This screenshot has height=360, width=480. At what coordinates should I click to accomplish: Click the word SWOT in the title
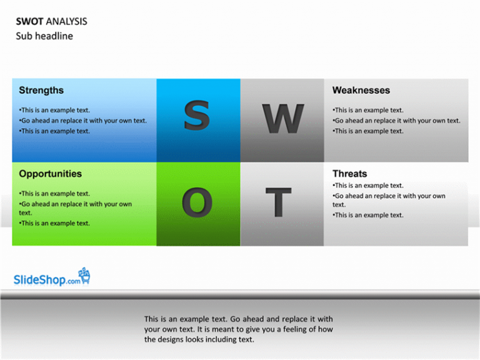(29, 21)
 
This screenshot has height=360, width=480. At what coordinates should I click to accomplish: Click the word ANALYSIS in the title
(66, 21)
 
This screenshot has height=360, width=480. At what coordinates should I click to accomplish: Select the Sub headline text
(44, 36)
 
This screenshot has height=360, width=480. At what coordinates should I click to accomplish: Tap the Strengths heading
(41, 90)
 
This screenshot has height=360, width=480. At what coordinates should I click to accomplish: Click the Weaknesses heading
(361, 90)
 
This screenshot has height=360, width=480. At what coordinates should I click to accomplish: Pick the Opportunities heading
(50, 174)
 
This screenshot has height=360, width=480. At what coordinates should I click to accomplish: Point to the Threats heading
(349, 174)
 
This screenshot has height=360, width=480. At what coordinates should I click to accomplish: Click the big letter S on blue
(197, 115)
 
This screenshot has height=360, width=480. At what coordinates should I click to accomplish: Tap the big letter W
(283, 119)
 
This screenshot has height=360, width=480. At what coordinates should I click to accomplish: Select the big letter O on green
(197, 202)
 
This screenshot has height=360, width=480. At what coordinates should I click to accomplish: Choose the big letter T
(278, 202)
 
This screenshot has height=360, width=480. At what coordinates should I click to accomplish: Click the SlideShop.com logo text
(47, 280)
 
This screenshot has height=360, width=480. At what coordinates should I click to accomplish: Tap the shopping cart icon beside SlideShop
(84, 276)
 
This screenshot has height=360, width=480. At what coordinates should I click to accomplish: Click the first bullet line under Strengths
(54, 110)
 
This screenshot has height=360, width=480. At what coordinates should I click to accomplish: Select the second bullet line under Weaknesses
(396, 121)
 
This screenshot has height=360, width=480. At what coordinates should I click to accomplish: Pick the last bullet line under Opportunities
(54, 223)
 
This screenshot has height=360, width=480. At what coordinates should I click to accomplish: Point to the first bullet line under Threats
(368, 186)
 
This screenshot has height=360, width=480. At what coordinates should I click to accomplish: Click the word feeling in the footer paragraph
(295, 329)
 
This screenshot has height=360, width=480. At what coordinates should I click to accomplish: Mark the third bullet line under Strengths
(54, 131)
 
